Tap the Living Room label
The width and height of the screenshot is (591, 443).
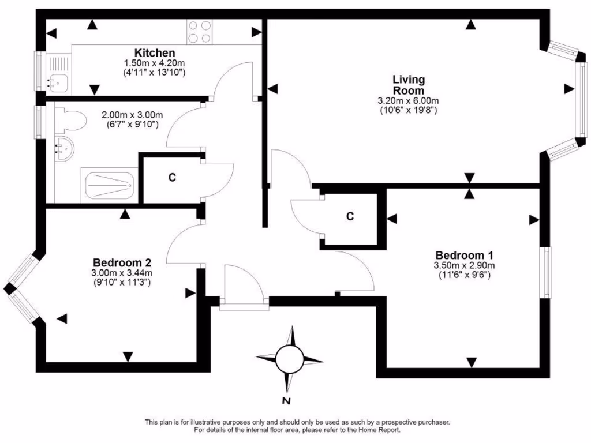point(409,85)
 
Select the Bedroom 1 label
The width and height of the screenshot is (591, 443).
point(464,255)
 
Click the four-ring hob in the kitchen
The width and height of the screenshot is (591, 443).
point(200,32)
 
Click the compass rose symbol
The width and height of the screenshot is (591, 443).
point(289,359)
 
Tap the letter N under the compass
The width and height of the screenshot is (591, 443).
point(286,401)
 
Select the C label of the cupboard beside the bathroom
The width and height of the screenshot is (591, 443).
point(171,178)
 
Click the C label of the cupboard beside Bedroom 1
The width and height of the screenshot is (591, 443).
point(350,216)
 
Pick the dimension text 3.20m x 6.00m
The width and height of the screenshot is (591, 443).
point(408,101)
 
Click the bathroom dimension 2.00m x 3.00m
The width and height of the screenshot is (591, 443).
point(133,114)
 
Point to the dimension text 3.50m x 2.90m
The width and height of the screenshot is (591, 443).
point(465,265)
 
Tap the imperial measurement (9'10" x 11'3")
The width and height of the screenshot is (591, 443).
point(121,283)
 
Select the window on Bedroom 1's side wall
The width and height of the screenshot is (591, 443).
point(545,272)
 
